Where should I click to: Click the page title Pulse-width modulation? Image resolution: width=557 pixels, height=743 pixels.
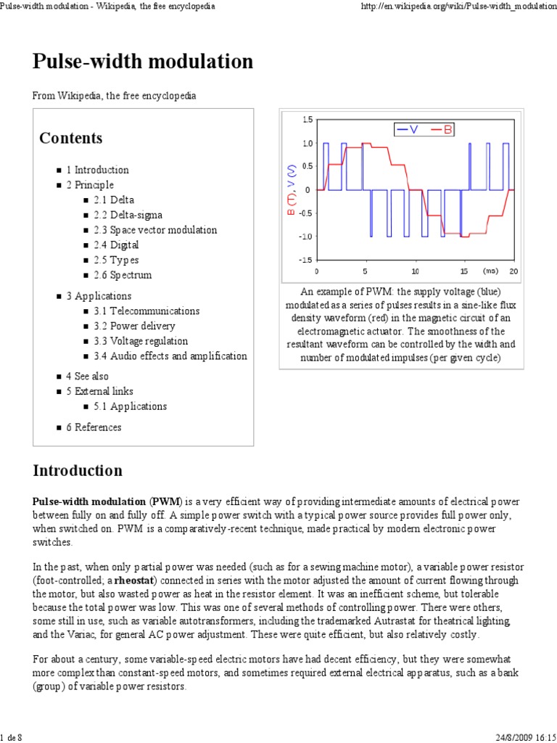(x=143, y=62)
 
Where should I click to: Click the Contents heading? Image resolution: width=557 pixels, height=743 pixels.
(x=70, y=138)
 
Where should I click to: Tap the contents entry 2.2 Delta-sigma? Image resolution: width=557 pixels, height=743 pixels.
(x=128, y=215)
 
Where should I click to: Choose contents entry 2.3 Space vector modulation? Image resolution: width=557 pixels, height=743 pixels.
(x=154, y=230)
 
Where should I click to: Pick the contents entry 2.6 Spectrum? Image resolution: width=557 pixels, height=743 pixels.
(x=122, y=275)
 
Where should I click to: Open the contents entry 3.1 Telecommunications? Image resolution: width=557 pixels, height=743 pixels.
(x=146, y=311)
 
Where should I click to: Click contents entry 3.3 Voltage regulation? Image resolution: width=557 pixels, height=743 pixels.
(x=140, y=341)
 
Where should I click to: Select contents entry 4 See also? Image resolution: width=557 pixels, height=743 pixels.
(x=87, y=376)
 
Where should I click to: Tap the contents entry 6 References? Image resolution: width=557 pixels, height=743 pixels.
(x=94, y=427)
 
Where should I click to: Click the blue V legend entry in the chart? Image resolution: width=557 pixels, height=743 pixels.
(x=408, y=129)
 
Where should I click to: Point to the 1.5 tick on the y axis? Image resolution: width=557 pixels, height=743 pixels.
(x=308, y=119)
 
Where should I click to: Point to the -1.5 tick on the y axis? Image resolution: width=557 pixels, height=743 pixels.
(x=306, y=260)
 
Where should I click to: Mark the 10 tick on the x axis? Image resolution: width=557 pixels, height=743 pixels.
(x=415, y=271)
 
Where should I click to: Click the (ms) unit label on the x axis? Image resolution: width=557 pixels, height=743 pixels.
(x=490, y=271)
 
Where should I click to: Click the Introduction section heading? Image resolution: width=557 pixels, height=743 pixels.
(x=78, y=470)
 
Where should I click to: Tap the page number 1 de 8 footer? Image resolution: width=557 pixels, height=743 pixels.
(x=13, y=737)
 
